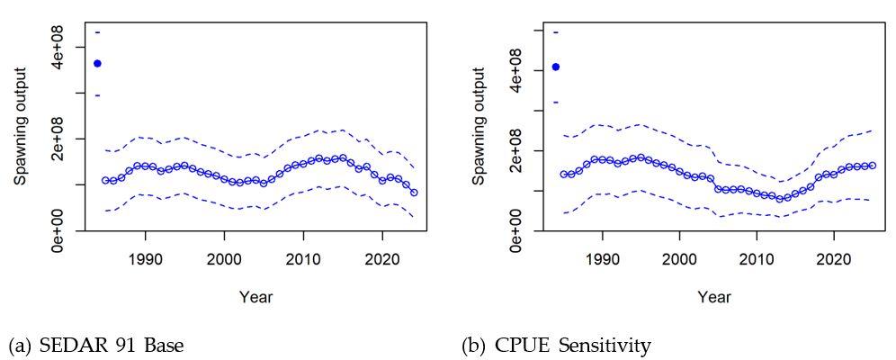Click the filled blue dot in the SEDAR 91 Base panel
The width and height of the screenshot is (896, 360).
click(x=97, y=63)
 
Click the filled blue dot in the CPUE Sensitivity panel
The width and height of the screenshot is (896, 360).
click(x=555, y=67)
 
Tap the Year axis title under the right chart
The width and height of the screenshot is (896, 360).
click(x=713, y=297)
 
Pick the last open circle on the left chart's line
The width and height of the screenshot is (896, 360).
click(x=414, y=193)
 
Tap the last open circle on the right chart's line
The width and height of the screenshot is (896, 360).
click(x=873, y=165)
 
